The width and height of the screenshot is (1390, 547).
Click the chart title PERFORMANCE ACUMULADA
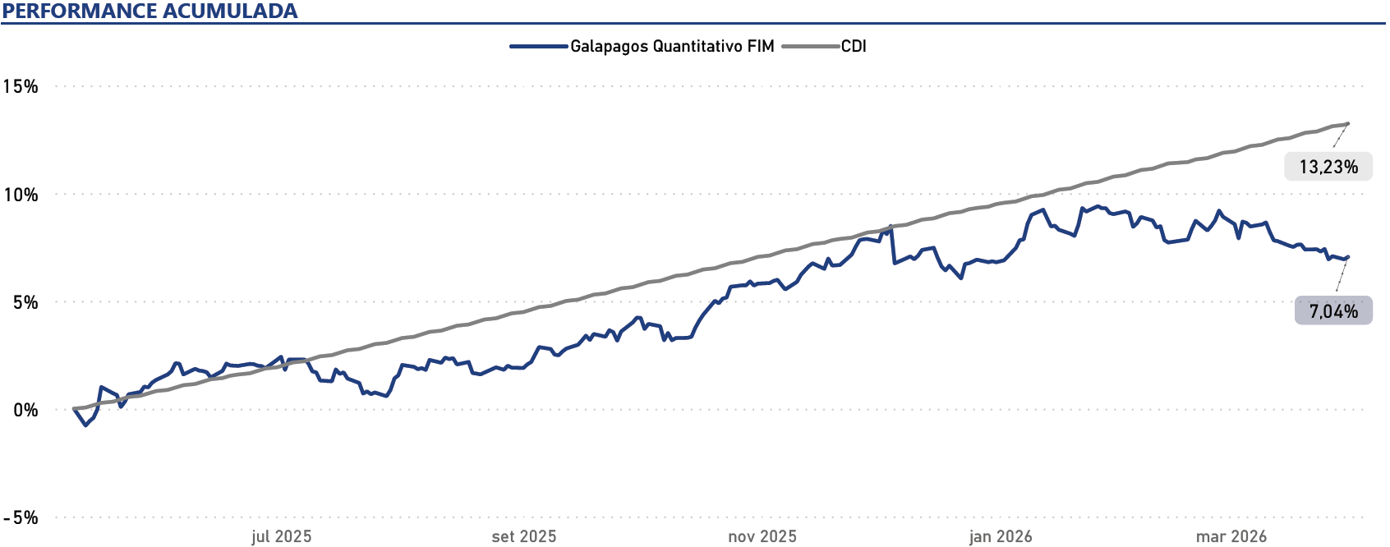[x=150, y=11]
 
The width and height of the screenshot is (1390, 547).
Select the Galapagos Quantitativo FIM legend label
[x=672, y=46]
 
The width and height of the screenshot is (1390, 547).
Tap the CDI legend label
[x=854, y=46]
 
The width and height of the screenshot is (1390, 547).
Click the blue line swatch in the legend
[x=539, y=46]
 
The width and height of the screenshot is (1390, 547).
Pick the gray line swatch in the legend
[x=810, y=46]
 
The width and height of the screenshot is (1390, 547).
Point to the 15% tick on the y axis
[x=21, y=86]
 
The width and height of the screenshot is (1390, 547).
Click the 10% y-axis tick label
[x=21, y=195]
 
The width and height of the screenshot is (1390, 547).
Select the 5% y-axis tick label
[x=25, y=302]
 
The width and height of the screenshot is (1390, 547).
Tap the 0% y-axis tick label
[x=25, y=410]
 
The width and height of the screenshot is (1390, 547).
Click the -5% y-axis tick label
[x=21, y=517]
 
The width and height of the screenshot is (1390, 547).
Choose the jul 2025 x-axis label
[x=281, y=536]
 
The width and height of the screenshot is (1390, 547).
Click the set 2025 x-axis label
[x=524, y=536]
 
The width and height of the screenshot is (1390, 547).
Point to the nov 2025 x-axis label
[x=762, y=536]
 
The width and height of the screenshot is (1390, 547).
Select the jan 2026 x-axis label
[x=1001, y=536]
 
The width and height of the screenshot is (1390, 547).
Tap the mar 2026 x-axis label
[x=1231, y=536]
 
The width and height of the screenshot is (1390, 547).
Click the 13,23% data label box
[x=1328, y=167]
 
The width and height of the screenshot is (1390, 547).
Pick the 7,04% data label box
[x=1333, y=310]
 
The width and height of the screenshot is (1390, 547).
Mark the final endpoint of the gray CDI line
[x=1348, y=124]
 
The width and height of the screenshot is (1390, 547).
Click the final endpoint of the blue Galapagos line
[x=1348, y=257]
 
